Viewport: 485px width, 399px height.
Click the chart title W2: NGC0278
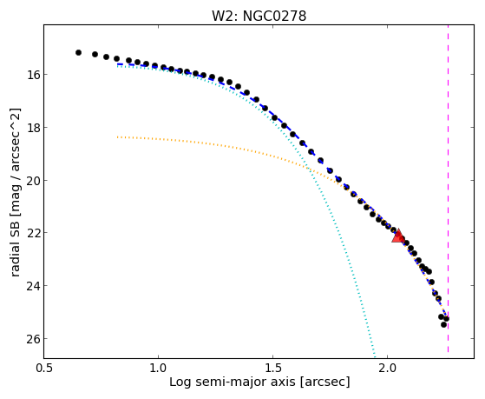pyautogui.click(x=259, y=16)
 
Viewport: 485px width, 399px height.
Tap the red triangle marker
pyautogui.click(x=397, y=236)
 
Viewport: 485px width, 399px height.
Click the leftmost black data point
pyautogui.click(x=78, y=53)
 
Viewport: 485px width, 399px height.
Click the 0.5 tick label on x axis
pyautogui.click(x=44, y=368)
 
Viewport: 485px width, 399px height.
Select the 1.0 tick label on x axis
pyautogui.click(x=159, y=368)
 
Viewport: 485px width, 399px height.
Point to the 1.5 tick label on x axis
pyautogui.click(x=272, y=368)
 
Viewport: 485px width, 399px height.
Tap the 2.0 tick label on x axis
pyautogui.click(x=387, y=368)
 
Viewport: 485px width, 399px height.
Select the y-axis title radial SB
pyautogui.click(x=15, y=247)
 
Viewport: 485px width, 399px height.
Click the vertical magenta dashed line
pyautogui.click(x=448, y=189)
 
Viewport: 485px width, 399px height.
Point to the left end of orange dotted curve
pyautogui.click(x=117, y=136)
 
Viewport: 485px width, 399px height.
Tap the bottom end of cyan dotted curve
pyautogui.click(x=375, y=356)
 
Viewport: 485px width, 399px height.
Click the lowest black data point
pyautogui.click(x=443, y=324)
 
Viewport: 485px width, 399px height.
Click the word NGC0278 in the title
pyautogui.click(x=275, y=16)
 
